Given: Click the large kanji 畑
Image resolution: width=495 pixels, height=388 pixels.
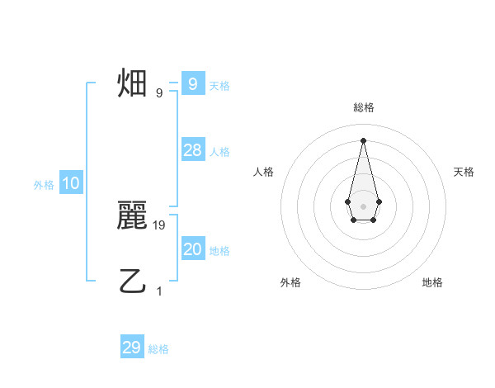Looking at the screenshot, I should [x=133, y=83].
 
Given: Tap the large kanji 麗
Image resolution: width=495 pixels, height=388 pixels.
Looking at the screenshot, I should [x=133, y=216].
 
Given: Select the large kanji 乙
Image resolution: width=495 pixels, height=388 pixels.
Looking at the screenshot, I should [x=133, y=281].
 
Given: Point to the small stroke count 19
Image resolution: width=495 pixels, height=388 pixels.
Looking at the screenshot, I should [x=160, y=225].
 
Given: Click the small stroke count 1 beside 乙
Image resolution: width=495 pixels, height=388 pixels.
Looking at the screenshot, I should [x=159, y=291].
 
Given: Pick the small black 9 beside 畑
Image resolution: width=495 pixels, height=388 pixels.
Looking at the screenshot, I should [x=159, y=92].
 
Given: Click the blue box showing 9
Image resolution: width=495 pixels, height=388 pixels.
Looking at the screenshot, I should [x=192, y=83].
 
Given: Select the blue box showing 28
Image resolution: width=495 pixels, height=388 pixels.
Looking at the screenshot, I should [x=192, y=150].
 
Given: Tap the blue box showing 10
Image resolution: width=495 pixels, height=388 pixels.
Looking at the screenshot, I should [x=71, y=184].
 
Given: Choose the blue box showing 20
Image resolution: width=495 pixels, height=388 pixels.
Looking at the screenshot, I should [x=192, y=249].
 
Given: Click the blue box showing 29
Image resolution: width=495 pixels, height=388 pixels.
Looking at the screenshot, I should [x=131, y=348].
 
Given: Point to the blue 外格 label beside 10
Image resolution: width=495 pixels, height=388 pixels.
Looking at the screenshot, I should [x=44, y=185].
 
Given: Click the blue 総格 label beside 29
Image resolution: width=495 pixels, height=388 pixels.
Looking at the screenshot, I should [x=158, y=349].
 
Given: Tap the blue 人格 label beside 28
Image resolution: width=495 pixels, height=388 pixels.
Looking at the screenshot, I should [x=219, y=152].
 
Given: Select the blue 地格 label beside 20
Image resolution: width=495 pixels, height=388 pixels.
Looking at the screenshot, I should [x=219, y=251].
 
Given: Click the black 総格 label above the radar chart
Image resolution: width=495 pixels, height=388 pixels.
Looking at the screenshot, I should [x=363, y=107].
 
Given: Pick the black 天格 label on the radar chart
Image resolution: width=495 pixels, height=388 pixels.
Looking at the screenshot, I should [x=464, y=172].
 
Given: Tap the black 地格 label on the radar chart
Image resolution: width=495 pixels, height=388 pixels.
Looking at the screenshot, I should [x=432, y=282].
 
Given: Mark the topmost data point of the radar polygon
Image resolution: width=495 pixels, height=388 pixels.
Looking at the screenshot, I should [x=363, y=140].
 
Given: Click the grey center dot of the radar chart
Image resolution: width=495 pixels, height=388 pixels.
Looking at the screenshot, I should [x=363, y=206].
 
